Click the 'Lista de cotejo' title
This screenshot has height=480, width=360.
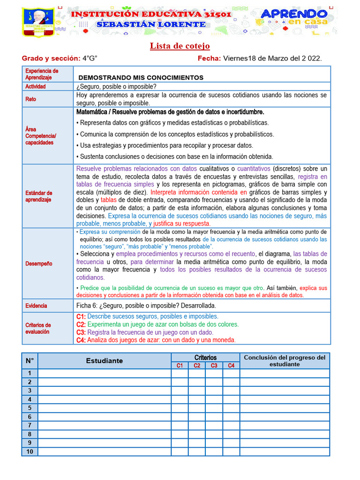point(180,46)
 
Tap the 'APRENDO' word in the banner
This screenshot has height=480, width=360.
point(294,14)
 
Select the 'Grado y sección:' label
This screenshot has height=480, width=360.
point(51,58)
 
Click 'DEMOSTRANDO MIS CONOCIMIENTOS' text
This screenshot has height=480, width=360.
point(141,77)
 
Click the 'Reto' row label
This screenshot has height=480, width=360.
point(30,99)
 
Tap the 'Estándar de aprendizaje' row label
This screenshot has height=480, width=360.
point(38,196)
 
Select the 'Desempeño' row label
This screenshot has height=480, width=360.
point(38,263)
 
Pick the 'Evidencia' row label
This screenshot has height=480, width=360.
point(36,306)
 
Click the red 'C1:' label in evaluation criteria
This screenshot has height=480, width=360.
point(81,316)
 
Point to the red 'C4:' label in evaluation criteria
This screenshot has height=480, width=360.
point(81,340)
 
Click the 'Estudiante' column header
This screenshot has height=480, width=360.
point(104,360)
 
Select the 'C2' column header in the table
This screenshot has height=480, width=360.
point(197,366)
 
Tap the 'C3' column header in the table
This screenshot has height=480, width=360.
point(214,366)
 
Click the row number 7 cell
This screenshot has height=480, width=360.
point(30,425)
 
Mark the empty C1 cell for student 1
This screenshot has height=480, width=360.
point(180,374)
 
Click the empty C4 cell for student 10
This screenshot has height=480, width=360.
point(231,451)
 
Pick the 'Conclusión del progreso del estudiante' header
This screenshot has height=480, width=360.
point(285,360)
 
